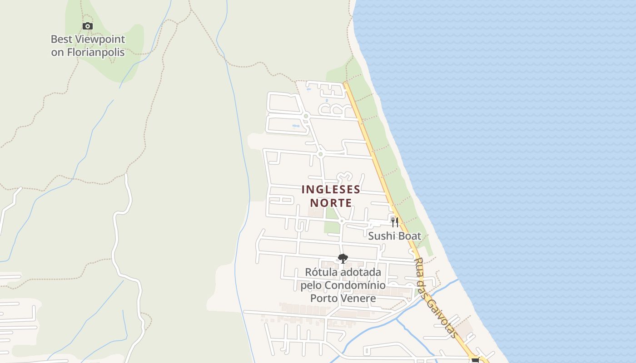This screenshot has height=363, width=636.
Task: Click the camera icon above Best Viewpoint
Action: [88, 26]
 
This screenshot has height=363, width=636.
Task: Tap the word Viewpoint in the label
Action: [99, 39]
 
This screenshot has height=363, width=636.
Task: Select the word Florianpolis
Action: [96, 52]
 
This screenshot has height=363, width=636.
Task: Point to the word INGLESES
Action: [331, 189]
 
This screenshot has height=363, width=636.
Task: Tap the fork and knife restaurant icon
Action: [394, 222]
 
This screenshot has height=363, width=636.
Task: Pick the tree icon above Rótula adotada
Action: [343, 259]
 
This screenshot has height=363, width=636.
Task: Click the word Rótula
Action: [320, 273]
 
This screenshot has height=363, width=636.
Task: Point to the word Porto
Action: [323, 298]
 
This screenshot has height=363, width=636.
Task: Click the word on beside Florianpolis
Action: [58, 52]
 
